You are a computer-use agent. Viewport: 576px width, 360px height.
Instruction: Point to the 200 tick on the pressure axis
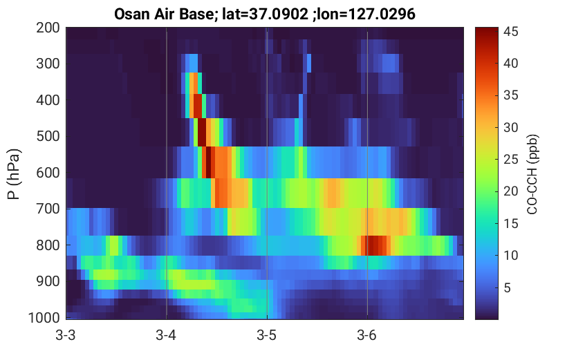pyautogui.click(x=48, y=28)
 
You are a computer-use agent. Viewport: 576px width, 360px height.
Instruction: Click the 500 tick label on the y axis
pyautogui.click(x=48, y=136)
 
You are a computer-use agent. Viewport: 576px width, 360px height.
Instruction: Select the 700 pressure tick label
pyautogui.click(x=48, y=209)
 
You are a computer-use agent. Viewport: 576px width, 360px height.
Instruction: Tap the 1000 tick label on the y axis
pyautogui.click(x=44, y=317)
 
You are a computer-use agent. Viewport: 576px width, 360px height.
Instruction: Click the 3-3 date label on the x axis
pyautogui.click(x=66, y=335)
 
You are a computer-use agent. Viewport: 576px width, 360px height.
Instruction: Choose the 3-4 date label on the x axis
pyautogui.click(x=166, y=335)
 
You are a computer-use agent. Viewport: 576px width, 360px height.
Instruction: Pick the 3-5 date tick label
pyautogui.click(x=266, y=335)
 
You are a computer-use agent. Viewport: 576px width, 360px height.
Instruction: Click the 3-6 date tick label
pyautogui.click(x=366, y=335)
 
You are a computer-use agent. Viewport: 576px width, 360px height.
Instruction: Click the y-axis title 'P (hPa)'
pyautogui.click(x=14, y=174)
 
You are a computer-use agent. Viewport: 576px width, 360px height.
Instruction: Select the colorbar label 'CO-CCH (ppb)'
pyautogui.click(x=532, y=174)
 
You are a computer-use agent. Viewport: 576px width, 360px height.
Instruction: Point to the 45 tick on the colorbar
pyautogui.click(x=510, y=31)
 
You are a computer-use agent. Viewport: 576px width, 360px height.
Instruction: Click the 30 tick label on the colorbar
pyautogui.click(x=510, y=127)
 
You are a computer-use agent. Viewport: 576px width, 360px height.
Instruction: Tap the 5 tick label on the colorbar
pyautogui.click(x=507, y=287)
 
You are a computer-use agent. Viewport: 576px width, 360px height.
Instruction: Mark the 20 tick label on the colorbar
pyautogui.click(x=510, y=191)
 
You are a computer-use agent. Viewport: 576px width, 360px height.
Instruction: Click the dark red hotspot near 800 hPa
pyautogui.click(x=373, y=245)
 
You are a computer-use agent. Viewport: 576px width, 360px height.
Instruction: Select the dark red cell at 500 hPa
pyautogui.click(x=202, y=133)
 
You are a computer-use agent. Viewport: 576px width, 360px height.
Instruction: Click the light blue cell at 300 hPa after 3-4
pyautogui.click(x=192, y=63)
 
